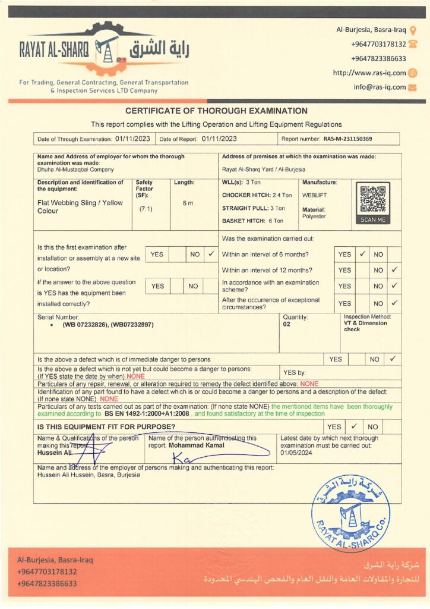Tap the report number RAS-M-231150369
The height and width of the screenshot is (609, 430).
pos(348,139)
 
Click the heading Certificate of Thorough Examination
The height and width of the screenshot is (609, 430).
pos(216,111)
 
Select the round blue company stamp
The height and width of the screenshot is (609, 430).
pos(351,506)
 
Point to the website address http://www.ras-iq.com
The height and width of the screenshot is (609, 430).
pos(369,73)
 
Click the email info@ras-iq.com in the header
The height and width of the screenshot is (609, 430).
pos(380,87)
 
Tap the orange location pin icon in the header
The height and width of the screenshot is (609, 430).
pos(413,29)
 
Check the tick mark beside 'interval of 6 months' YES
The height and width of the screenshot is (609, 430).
pos(362,254)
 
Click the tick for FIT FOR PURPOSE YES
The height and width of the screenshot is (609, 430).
pos(353,426)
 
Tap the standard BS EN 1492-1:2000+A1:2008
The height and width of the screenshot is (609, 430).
pos(147,413)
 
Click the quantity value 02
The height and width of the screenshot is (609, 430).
pos(287,325)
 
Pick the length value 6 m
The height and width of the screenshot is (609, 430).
pos(188,203)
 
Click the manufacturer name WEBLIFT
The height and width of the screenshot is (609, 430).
pos(315,195)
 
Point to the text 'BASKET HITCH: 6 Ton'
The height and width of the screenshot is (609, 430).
pos(252,221)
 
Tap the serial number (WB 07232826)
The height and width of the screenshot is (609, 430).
pos(87,325)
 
